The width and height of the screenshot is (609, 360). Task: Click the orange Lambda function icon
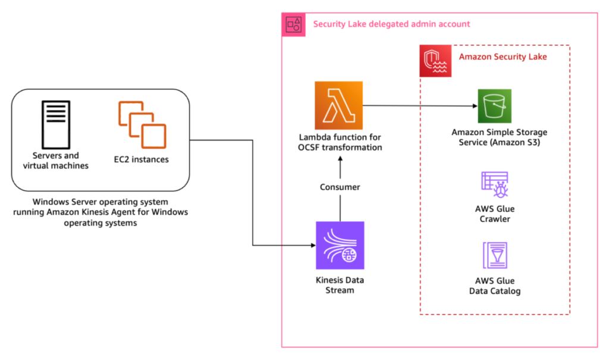coord(338,105)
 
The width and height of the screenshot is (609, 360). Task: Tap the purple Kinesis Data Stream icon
coord(340,245)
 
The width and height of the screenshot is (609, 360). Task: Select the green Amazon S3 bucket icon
coord(494,106)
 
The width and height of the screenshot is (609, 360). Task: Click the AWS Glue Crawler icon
coord(495,184)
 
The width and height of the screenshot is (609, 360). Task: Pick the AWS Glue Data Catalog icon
coord(495,255)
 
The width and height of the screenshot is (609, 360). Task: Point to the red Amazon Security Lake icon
coord(435,61)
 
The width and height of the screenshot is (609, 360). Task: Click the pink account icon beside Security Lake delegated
coord(294,25)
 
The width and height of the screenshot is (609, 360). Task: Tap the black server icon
coord(56,125)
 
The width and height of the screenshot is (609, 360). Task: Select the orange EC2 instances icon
coord(143,125)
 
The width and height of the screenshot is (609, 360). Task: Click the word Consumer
coord(340,187)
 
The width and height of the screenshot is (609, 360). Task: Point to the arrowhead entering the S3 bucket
coord(475,106)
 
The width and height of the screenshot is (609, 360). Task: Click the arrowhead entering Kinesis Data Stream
coord(313,245)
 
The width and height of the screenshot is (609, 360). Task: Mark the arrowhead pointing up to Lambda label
coord(340,159)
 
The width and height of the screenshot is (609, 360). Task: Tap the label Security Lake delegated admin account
coord(391,24)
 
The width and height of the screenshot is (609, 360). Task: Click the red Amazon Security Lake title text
coord(503,57)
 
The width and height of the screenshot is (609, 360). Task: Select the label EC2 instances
coord(142,159)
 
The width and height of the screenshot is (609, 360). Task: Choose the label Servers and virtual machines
coord(55,161)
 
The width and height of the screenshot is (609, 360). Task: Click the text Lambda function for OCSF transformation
coord(340,142)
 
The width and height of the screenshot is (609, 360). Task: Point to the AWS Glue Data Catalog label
coord(495,286)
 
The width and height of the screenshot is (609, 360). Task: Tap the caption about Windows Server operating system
coord(101,212)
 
